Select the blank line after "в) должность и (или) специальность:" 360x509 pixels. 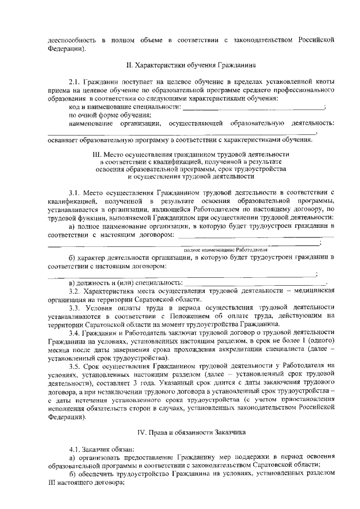257,282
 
